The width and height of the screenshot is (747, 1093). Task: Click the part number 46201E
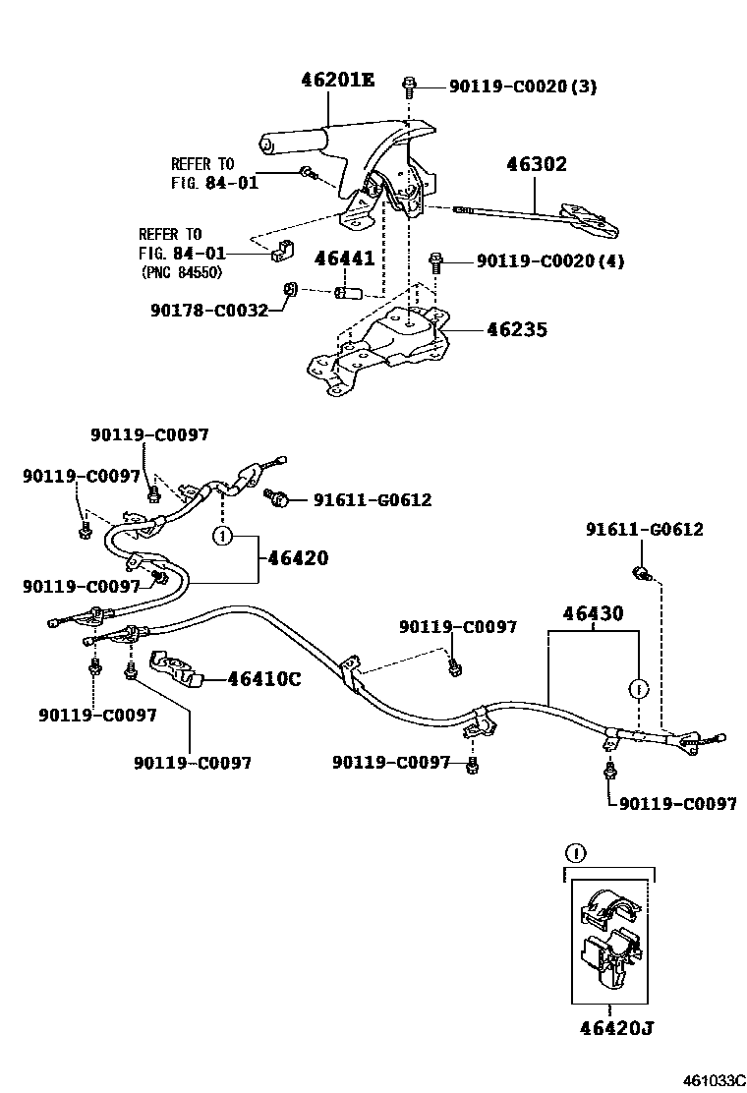pyautogui.click(x=337, y=80)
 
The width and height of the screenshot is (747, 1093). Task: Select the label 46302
pyautogui.click(x=537, y=164)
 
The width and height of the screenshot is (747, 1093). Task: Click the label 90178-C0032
pyautogui.click(x=209, y=309)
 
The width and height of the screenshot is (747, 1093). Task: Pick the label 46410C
pyautogui.click(x=264, y=678)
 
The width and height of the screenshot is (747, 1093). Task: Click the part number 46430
pyautogui.click(x=593, y=614)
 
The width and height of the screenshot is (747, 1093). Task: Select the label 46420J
pyautogui.click(x=616, y=1028)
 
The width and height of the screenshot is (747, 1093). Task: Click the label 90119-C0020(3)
pyautogui.click(x=523, y=86)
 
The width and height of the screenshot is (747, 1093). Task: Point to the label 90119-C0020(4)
pyautogui.click(x=550, y=261)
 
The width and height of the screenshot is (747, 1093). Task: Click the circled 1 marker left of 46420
pyautogui.click(x=223, y=536)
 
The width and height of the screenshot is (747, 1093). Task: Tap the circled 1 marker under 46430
pyautogui.click(x=638, y=687)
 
